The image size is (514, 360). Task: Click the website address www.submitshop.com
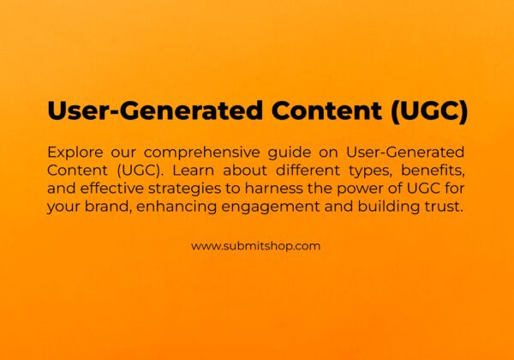(x=255, y=245)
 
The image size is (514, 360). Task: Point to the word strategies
(x=185, y=189)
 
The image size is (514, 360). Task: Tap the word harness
(x=265, y=189)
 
